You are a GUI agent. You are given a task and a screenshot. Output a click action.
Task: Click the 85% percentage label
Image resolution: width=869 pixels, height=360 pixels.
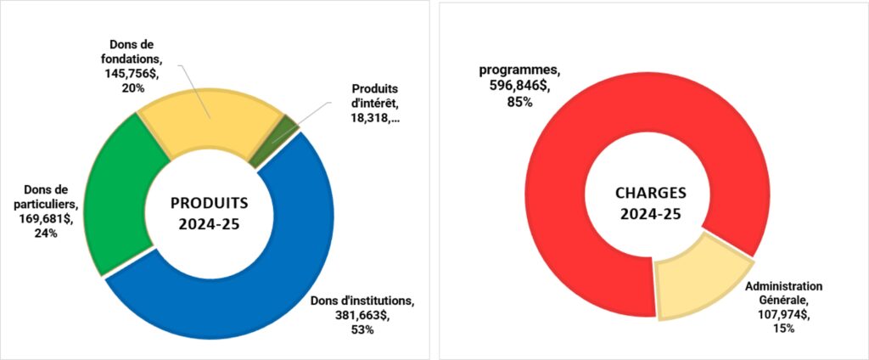pyautogui.click(x=517, y=102)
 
